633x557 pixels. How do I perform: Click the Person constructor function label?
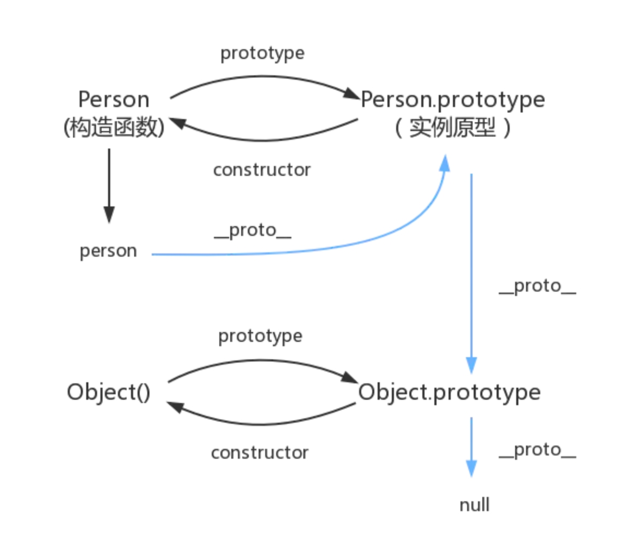(114, 113)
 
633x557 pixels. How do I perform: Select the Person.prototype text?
(453, 100)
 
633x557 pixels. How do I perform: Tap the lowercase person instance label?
(108, 251)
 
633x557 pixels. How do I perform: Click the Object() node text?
(109, 392)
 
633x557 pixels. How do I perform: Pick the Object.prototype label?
(449, 393)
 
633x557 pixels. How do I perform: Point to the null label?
(474, 505)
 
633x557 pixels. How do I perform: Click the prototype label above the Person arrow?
(262, 54)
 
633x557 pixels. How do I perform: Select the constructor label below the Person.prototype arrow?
(262, 170)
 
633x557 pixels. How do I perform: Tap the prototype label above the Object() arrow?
(260, 336)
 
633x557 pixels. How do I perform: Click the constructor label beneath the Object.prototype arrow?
(260, 452)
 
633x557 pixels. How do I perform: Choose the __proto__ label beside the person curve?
(253, 231)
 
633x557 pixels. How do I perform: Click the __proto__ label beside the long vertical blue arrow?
(538, 287)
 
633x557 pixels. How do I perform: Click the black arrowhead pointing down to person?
(109, 214)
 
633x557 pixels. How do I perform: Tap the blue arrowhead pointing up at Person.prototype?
(445, 164)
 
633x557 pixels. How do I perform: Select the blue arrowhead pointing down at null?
(471, 469)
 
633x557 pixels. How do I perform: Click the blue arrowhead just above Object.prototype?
(471, 365)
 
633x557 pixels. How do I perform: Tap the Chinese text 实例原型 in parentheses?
(452, 128)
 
